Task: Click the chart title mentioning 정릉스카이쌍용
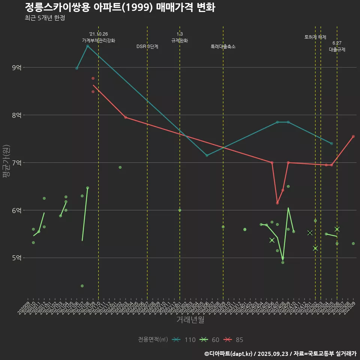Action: tap(120, 7)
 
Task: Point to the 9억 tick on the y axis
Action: tap(17, 67)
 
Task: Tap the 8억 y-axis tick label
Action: tap(17, 115)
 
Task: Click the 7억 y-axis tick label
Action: tap(17, 163)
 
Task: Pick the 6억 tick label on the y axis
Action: tap(17, 210)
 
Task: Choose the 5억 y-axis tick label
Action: tap(17, 258)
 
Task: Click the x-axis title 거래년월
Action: tap(190, 320)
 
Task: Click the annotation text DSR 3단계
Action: tap(147, 47)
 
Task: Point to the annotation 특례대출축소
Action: tap(223, 47)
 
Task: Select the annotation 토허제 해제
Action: tap(315, 37)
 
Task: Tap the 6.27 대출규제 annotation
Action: tap(337, 46)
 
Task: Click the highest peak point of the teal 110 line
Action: tap(87, 46)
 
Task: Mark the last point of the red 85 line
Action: tap(353, 136)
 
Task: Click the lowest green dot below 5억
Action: tap(82, 286)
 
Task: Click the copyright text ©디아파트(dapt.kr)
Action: tap(229, 354)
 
